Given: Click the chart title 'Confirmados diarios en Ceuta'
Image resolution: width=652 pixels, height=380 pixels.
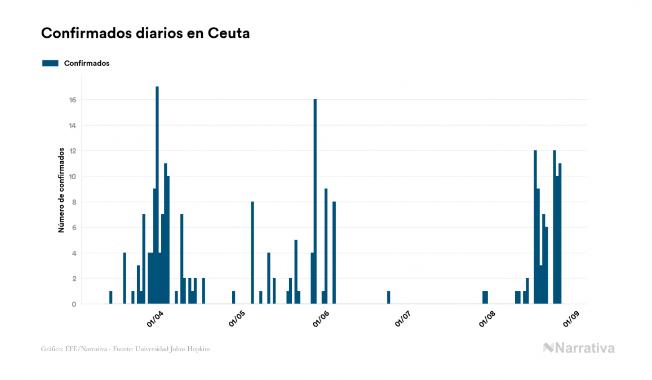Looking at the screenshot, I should point(145,33).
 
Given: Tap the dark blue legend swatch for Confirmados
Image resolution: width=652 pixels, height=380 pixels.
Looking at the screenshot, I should point(50,63).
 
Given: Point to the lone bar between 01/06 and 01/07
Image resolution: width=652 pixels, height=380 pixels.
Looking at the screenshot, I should point(389,297).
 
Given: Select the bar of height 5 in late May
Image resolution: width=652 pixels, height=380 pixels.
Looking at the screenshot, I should point(296,272).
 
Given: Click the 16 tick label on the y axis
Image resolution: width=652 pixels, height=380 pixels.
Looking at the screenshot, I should point(73,100).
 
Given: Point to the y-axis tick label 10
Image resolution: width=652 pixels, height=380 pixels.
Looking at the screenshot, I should point(73,176).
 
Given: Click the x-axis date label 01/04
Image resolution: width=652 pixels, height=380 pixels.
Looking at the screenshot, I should point(154,319).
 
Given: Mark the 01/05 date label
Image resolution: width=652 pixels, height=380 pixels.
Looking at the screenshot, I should point(237,319).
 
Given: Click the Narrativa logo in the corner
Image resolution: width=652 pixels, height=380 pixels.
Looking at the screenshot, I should point(578,348).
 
